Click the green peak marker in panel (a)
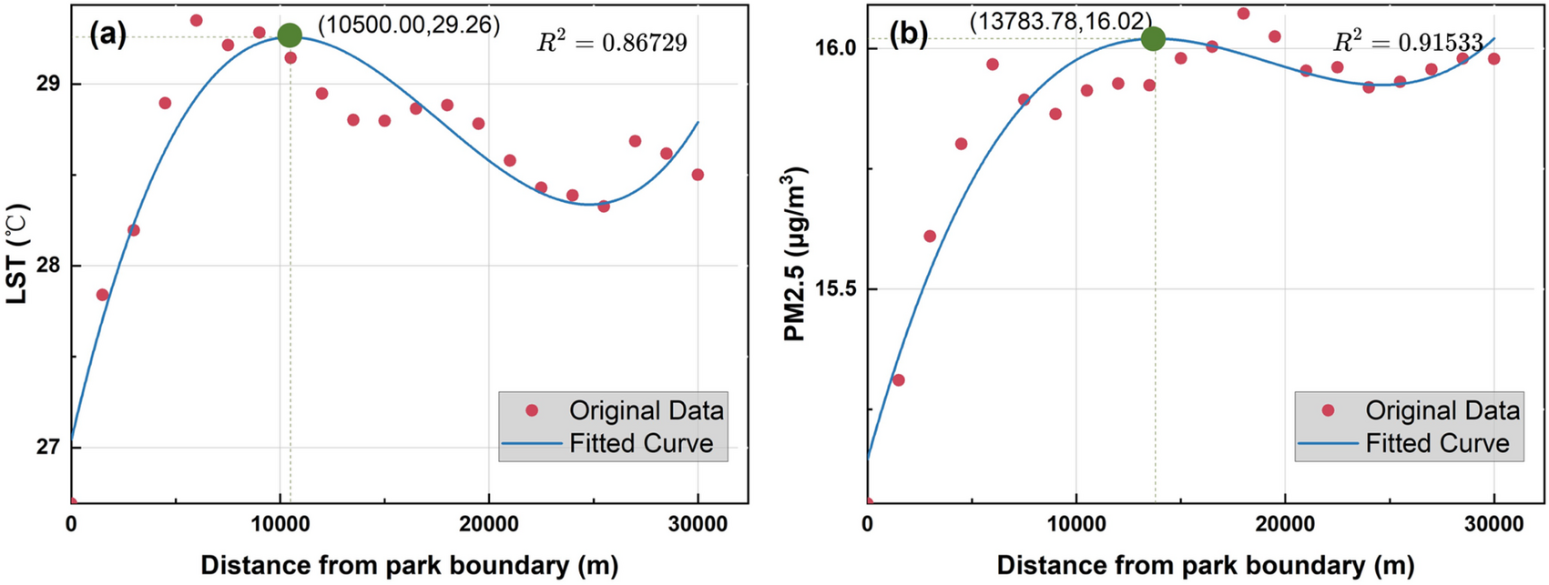click(290, 35)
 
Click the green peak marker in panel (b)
click(1153, 38)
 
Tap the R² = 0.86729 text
click(611, 43)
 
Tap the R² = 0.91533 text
click(1408, 43)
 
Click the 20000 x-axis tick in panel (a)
click(489, 525)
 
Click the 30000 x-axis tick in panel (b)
click(1493, 525)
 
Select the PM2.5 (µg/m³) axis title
click(797, 254)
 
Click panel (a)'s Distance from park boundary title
click(410, 565)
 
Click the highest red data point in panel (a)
click(196, 20)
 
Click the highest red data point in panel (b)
click(1243, 14)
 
